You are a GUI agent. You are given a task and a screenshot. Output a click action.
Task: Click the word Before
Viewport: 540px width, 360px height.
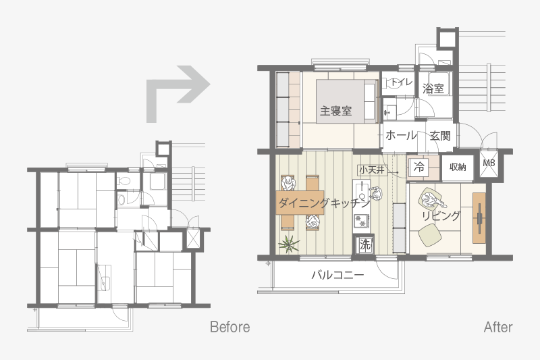(230, 327)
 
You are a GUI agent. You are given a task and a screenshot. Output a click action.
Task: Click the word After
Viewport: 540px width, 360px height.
(498, 327)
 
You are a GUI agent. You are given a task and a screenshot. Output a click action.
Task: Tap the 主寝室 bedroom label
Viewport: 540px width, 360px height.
(335, 111)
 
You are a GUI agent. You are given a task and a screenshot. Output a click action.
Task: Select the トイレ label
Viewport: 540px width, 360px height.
(402, 82)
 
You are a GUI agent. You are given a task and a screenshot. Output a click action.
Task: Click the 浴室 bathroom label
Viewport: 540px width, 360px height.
(433, 88)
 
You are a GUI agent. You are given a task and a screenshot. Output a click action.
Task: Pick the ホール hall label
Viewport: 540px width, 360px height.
(401, 135)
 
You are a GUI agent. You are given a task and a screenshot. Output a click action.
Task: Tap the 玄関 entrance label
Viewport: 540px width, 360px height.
(440, 136)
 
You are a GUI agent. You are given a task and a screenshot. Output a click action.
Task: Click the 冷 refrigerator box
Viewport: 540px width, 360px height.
(418, 167)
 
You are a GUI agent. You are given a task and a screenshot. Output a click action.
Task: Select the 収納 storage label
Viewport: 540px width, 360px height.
(458, 167)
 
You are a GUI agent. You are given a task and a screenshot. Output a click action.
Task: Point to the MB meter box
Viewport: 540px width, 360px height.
(489, 163)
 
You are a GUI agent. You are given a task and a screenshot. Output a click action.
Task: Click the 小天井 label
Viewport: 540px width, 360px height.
(372, 170)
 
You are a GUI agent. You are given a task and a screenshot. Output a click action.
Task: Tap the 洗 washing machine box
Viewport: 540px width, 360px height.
(364, 245)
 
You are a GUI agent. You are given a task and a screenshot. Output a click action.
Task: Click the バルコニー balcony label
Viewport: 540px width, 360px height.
(337, 275)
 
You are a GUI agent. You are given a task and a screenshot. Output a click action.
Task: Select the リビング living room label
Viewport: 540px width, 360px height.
(441, 216)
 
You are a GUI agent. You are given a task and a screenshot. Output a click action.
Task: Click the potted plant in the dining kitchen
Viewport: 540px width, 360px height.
(289, 245)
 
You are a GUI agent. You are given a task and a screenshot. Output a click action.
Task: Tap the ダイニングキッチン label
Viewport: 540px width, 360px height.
(324, 203)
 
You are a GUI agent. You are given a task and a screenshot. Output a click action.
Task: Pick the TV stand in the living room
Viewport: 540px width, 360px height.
(479, 218)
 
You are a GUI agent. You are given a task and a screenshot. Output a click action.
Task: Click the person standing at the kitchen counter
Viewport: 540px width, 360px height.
(376, 194)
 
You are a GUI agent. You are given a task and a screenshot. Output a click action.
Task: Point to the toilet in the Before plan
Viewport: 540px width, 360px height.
(124, 180)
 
